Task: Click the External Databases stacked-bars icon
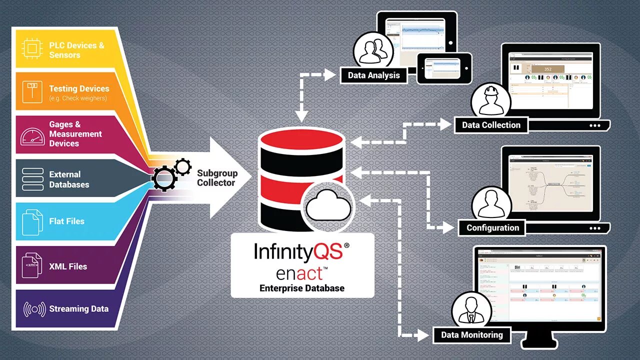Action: (x=32, y=179)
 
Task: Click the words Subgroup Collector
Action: (x=217, y=178)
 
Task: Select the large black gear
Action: (x=164, y=178)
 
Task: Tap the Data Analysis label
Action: (x=373, y=75)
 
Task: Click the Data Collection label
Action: (x=491, y=125)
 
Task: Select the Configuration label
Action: (x=492, y=227)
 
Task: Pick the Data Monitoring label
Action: (x=471, y=334)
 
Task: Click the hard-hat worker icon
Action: (x=490, y=100)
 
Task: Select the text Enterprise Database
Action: (x=302, y=288)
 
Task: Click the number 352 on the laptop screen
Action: (x=547, y=69)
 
